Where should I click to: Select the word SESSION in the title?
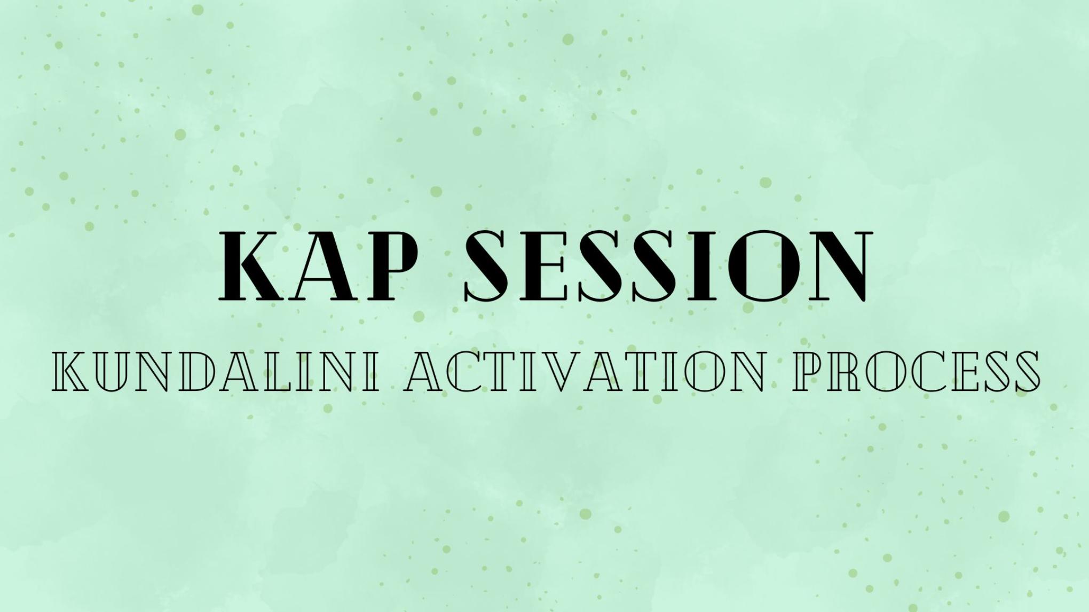[667, 265]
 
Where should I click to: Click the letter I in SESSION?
[704, 265]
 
